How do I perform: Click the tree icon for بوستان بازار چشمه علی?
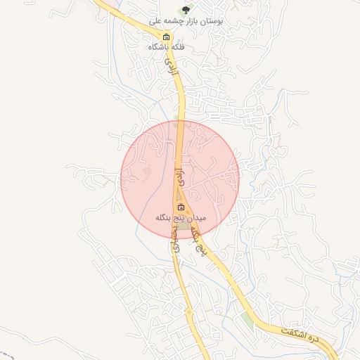click(x=186, y=11)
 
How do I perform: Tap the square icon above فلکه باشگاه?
click(x=166, y=37)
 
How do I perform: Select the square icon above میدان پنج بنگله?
click(x=181, y=207)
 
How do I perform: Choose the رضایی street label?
click(x=176, y=240)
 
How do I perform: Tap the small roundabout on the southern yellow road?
click(x=188, y=311)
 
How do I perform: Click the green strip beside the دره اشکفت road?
click(x=246, y=320)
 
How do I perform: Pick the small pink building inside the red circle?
click(x=146, y=170)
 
